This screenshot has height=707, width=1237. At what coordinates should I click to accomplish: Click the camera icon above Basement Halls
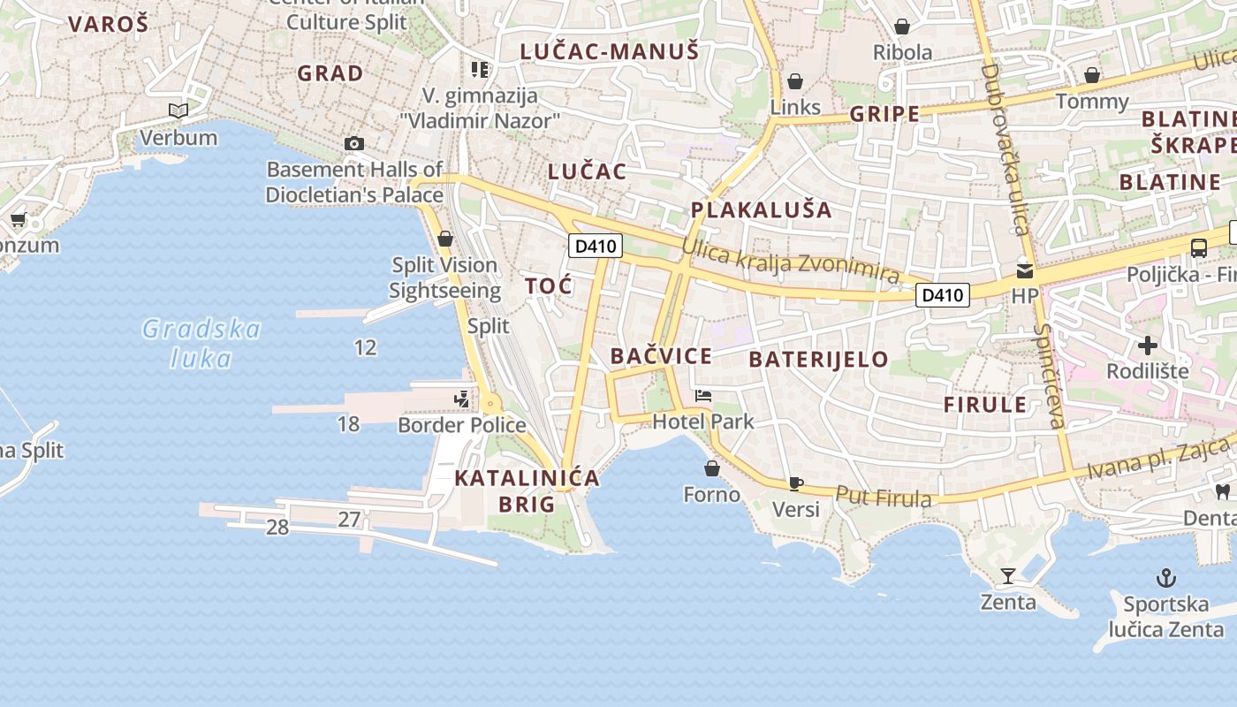pyautogui.click(x=353, y=143)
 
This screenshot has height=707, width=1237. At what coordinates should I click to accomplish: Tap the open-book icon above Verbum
pyautogui.click(x=178, y=111)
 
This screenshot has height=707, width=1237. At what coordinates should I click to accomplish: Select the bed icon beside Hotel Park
pyautogui.click(x=703, y=395)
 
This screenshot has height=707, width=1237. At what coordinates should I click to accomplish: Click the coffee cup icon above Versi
pyautogui.click(x=795, y=483)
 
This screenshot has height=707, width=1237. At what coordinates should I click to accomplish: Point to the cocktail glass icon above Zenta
pyautogui.click(x=1007, y=576)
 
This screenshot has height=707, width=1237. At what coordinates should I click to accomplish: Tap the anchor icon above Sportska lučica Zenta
pyautogui.click(x=1166, y=579)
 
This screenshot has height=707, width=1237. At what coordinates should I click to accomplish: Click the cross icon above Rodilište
pyautogui.click(x=1147, y=345)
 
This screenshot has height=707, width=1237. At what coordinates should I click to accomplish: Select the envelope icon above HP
pyautogui.click(x=1024, y=270)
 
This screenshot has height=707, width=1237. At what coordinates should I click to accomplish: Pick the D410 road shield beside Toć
pyautogui.click(x=595, y=246)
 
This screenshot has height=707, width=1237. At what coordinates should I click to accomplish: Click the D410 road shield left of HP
pyautogui.click(x=942, y=294)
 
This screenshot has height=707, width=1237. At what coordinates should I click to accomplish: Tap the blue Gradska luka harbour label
pyautogui.click(x=201, y=343)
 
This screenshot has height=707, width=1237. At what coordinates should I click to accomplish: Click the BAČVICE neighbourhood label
pyautogui.click(x=661, y=356)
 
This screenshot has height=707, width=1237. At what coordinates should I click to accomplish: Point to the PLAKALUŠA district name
pyautogui.click(x=761, y=209)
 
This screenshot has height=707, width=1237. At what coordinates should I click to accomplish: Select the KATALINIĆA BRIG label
pyautogui.click(x=527, y=491)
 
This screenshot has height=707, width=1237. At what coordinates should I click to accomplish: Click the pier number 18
pyautogui.click(x=348, y=424)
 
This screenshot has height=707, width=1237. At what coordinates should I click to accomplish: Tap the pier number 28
pyautogui.click(x=277, y=528)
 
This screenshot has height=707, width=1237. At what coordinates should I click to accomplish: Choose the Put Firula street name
pyautogui.click(x=883, y=498)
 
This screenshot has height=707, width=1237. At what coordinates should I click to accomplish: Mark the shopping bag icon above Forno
pyautogui.click(x=711, y=468)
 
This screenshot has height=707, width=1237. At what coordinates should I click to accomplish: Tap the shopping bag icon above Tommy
pyautogui.click(x=1092, y=75)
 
